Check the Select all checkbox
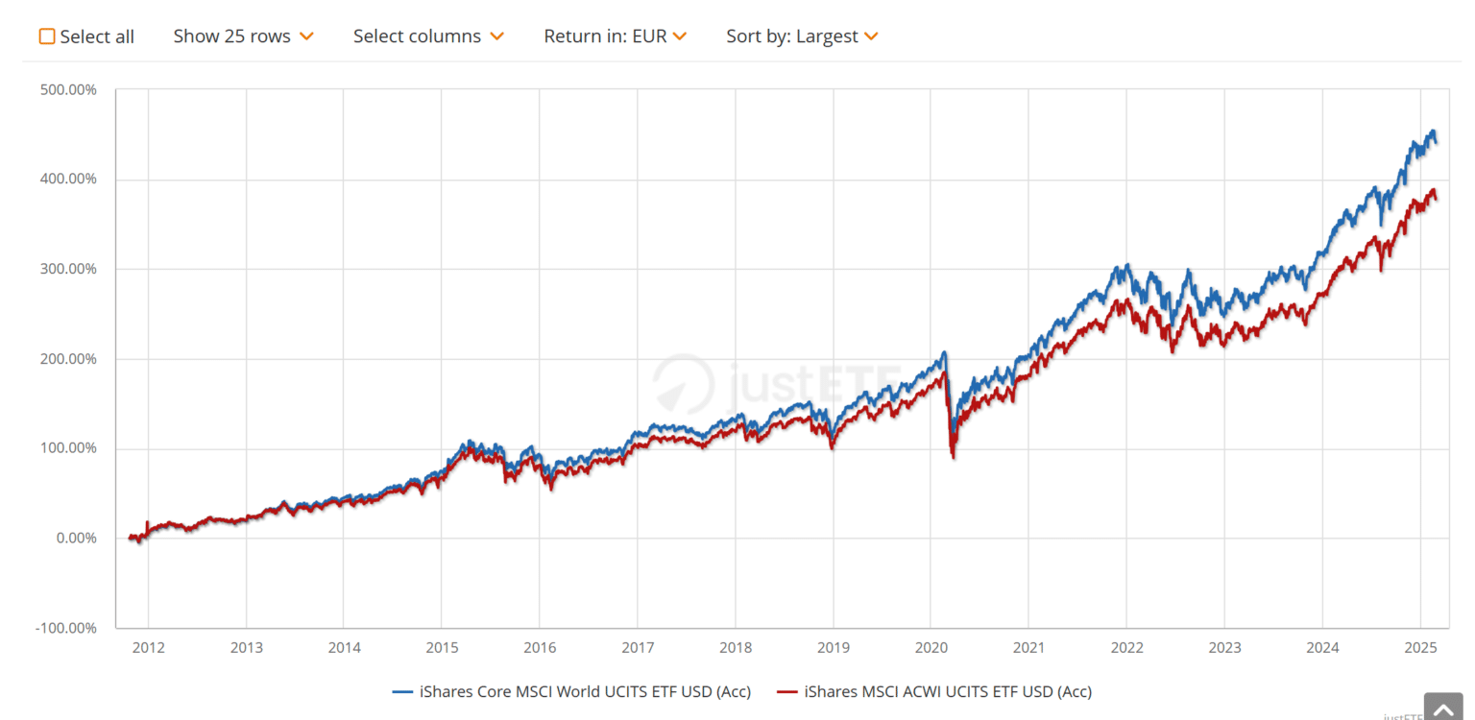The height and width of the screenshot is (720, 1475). (x=47, y=36)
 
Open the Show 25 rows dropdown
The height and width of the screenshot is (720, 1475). (x=243, y=36)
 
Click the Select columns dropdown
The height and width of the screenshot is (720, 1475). (x=427, y=36)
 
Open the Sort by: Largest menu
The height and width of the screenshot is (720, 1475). (x=802, y=36)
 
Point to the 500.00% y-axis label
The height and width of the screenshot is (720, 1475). (x=69, y=90)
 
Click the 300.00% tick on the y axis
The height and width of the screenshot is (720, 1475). (x=69, y=269)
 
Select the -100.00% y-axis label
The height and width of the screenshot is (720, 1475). (x=65, y=628)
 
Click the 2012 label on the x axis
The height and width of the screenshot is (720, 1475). (x=149, y=648)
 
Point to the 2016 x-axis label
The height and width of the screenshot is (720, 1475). (x=540, y=648)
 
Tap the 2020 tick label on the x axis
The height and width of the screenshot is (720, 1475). (x=931, y=648)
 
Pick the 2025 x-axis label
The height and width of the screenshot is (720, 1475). (x=1419, y=648)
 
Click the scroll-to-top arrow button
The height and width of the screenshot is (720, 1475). (x=1442, y=708)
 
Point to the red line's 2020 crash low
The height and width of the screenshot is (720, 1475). (x=953, y=457)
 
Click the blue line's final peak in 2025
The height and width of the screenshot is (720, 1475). (x=1433, y=132)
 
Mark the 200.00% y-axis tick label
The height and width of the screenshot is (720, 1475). (x=69, y=359)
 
